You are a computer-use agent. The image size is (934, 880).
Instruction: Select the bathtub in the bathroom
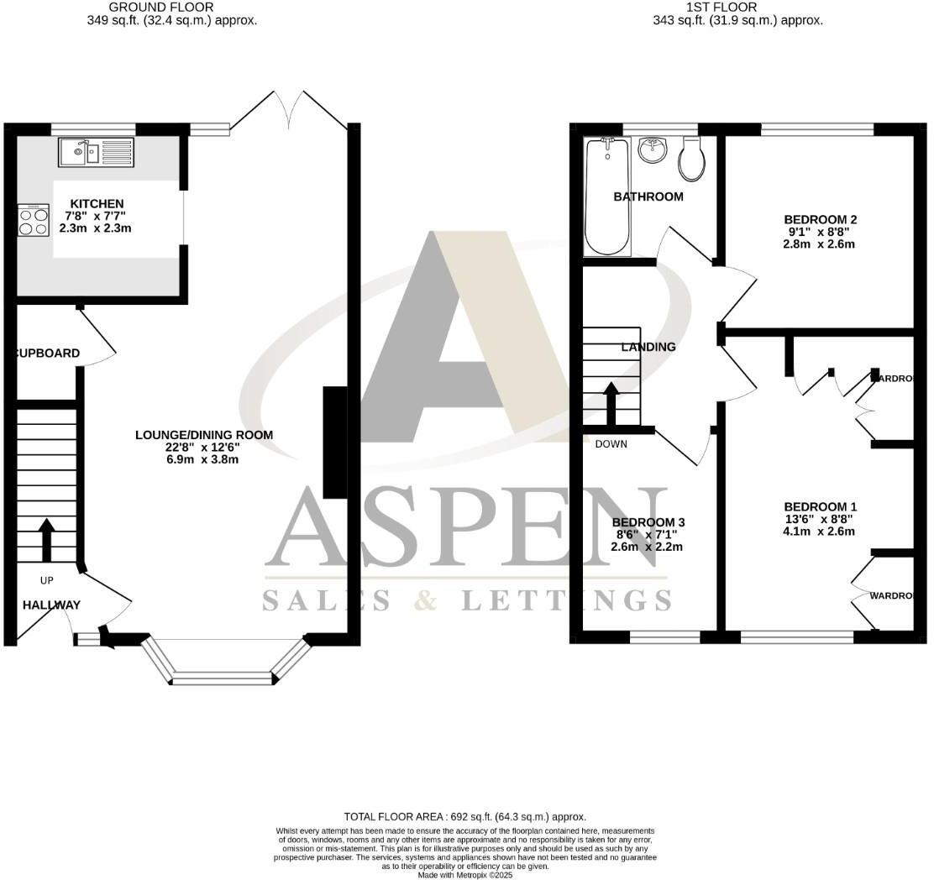point(606,196)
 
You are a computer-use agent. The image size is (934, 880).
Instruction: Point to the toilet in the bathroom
point(693,159)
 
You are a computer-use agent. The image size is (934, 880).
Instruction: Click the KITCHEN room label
point(97,204)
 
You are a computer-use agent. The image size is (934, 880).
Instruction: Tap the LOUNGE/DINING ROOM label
point(204,435)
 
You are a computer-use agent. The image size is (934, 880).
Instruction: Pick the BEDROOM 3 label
point(646,522)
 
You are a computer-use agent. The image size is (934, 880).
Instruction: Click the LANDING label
point(648,347)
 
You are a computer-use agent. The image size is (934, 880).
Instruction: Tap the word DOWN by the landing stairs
point(611,444)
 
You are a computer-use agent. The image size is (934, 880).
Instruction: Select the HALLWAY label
point(51,605)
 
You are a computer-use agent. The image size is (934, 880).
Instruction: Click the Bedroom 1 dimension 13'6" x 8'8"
point(820,519)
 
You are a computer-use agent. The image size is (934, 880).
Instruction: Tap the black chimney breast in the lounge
point(335,443)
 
